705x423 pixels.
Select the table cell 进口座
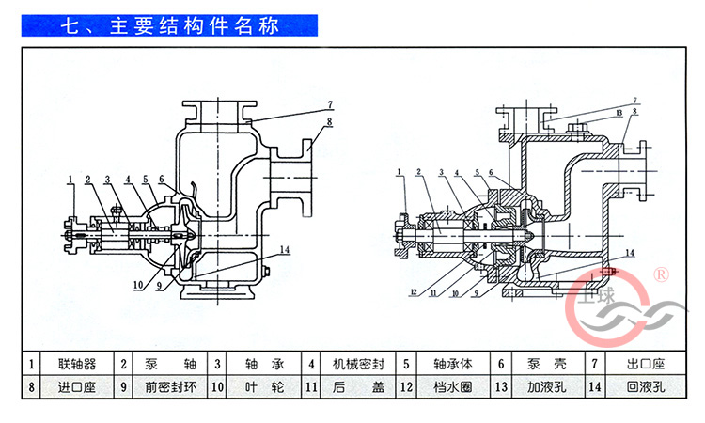coord(76,386)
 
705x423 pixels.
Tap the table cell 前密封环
coord(166,386)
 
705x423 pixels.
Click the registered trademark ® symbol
coord(660,274)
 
